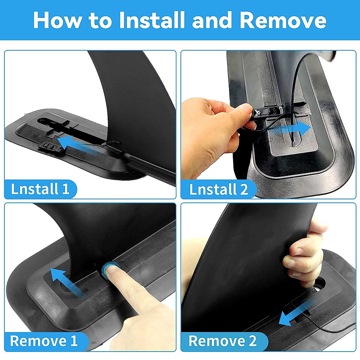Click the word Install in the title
click(x=152, y=20)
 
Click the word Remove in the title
click(x=283, y=20)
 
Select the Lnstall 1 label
click(x=40, y=189)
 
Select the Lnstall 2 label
click(x=219, y=189)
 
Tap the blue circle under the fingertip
click(x=109, y=268)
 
